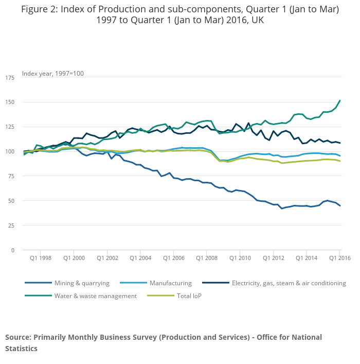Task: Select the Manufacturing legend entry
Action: coord(170,283)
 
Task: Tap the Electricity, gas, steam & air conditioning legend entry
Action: coord(289,283)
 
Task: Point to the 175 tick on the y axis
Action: coord(10,78)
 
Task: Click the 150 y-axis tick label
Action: coord(10,102)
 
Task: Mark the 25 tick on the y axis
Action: coord(11,226)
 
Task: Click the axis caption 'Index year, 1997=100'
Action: coord(53,74)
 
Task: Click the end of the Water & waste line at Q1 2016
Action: coord(340,101)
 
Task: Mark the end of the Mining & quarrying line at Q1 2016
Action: coord(340,206)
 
